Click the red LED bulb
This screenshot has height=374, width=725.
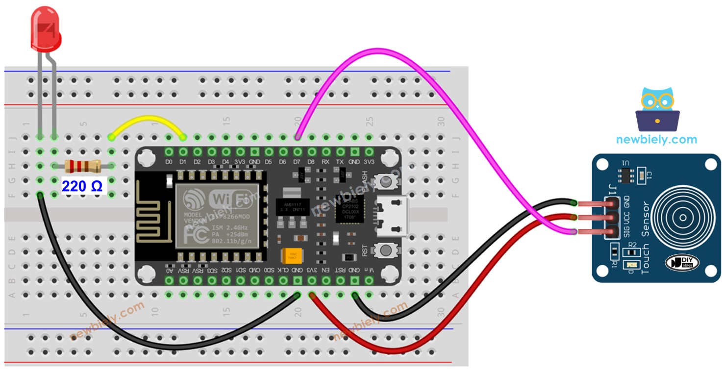coord(46,30)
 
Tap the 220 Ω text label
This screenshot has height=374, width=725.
coord(82,186)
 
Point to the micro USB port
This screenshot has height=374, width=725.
coord(392,216)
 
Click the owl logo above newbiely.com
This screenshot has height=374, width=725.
coord(657,109)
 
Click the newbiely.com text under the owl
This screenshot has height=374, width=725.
coord(656,140)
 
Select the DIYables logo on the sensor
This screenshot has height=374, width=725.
coord(682,262)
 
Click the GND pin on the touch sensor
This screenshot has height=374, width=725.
coord(611,203)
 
